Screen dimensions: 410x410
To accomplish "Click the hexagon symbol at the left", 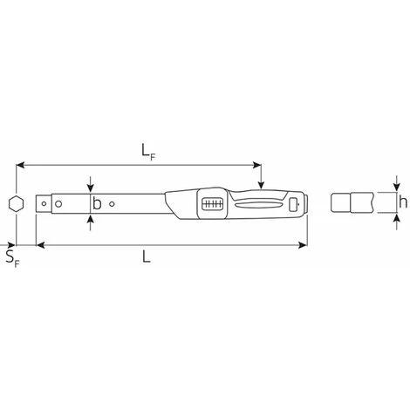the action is point(16,204).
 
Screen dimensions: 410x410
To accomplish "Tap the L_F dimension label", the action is point(148,152).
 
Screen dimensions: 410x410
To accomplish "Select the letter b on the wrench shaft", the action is point(97,203).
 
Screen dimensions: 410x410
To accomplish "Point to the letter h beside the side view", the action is point(403,202).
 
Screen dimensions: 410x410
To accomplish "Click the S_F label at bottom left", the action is point(13,258).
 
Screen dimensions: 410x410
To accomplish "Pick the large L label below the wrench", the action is point(147,256).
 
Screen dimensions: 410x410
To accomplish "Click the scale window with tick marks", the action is point(212,204).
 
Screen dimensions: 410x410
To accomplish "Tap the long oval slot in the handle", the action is point(259,205).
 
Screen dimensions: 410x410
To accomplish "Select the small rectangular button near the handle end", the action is point(294,204).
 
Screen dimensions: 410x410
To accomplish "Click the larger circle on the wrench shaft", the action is point(58,204).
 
